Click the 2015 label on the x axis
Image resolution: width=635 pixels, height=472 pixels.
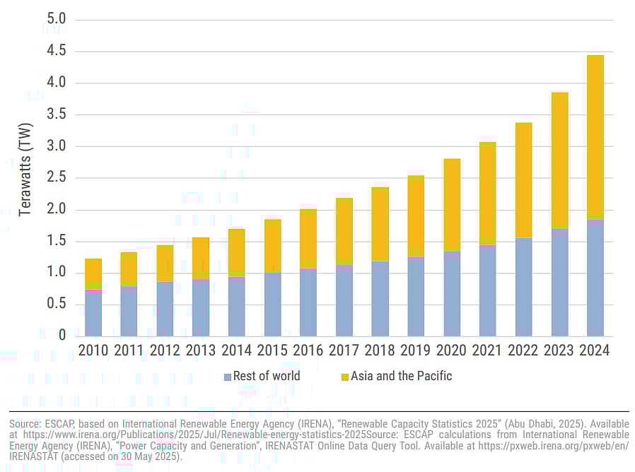tap(272, 350)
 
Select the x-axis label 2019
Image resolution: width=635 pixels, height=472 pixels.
tap(416, 350)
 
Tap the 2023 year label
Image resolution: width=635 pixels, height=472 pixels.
tap(559, 350)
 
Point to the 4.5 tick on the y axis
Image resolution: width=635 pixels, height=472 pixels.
tap(55, 51)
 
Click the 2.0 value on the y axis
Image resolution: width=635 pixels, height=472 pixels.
tap(55, 210)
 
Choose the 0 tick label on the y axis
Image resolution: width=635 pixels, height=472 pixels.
tap(62, 336)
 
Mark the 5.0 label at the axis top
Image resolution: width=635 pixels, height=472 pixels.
tap(55, 19)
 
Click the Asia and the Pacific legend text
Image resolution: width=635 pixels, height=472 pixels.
tap(401, 377)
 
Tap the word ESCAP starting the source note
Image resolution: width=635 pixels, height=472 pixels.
tap(55, 423)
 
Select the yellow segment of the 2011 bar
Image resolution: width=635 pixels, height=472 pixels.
tap(129, 267)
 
